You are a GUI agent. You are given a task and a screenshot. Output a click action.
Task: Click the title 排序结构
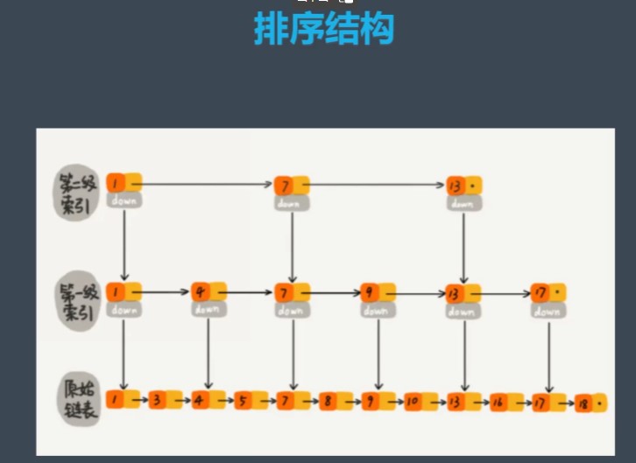pyautogui.click(x=324, y=30)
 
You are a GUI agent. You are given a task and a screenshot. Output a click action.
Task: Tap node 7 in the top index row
pyautogui.click(x=284, y=186)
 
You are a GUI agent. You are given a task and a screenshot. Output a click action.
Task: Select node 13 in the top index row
pyautogui.click(x=455, y=186)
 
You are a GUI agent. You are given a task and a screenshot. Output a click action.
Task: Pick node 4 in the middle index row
pyautogui.click(x=201, y=292)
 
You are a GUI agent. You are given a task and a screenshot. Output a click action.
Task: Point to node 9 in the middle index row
pyautogui.click(x=370, y=292)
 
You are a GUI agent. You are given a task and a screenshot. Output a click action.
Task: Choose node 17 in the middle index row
pyautogui.click(x=541, y=292)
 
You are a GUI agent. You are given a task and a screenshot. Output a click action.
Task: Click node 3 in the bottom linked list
pyautogui.click(x=156, y=402)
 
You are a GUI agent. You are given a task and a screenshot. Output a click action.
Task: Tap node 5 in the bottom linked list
pyautogui.click(x=242, y=402)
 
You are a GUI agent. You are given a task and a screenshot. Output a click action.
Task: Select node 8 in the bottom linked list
pyautogui.click(x=327, y=402)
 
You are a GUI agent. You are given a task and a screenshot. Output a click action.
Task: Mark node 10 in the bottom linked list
pyautogui.click(x=413, y=402)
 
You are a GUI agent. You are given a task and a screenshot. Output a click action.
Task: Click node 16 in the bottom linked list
pyautogui.click(x=498, y=402)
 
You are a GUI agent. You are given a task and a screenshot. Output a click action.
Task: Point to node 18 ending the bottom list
pyautogui.click(x=583, y=403)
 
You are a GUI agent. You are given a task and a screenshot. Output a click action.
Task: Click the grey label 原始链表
pyautogui.click(x=80, y=400)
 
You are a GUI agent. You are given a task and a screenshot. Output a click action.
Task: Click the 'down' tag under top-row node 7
pyautogui.click(x=288, y=203)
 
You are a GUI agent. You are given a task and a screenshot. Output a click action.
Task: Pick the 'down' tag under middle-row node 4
pyautogui.click(x=207, y=310)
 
